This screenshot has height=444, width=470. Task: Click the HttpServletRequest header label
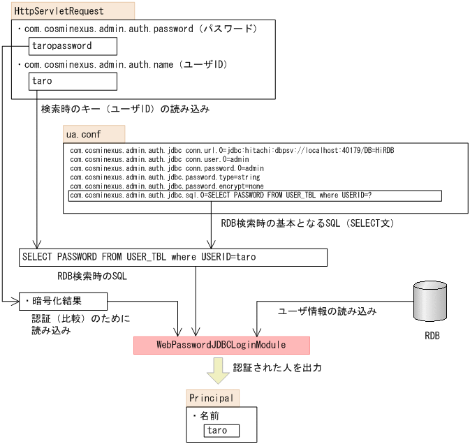(59, 11)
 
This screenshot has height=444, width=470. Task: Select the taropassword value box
(73, 46)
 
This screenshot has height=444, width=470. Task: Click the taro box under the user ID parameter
(73, 81)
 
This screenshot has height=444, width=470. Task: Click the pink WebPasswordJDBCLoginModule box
(221, 345)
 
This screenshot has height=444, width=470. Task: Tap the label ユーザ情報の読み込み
(328, 312)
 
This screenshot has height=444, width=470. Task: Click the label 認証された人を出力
(277, 367)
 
